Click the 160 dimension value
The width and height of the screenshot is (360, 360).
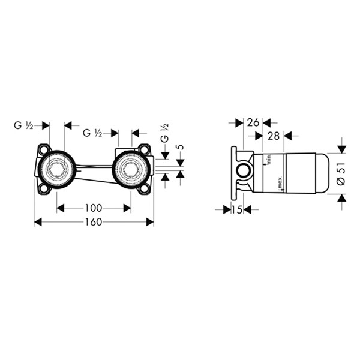(94, 222)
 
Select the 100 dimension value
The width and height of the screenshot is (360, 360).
(94, 208)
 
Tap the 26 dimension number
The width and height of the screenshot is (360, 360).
(253, 122)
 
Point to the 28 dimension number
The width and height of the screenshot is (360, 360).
(274, 136)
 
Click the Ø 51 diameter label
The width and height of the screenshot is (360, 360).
(341, 174)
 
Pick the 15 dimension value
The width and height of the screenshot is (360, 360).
(237, 209)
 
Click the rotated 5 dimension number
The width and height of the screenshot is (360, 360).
(181, 147)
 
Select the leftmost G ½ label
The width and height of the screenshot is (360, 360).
(23, 125)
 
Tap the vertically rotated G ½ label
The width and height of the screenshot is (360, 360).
(164, 133)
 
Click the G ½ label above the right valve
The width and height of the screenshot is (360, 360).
(92, 133)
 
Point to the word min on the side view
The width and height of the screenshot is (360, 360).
(269, 159)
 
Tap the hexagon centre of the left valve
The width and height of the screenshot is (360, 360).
(57, 169)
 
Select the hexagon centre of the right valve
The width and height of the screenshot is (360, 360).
(131, 169)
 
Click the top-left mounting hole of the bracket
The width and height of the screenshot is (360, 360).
(43, 150)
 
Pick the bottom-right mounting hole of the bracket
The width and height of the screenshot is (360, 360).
(145, 189)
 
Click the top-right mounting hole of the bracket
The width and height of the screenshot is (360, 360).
(145, 150)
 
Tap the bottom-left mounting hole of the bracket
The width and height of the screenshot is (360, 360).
(43, 189)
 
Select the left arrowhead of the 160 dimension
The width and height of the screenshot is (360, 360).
(38, 222)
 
